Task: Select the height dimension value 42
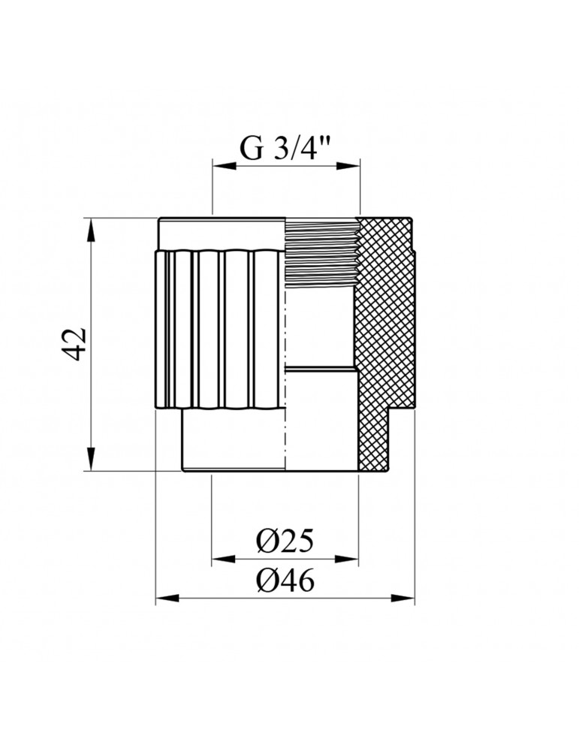78,345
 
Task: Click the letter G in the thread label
252,148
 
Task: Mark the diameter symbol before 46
266,581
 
